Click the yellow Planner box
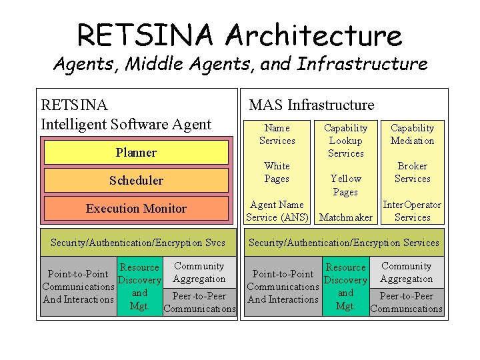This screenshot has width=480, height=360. [x=136, y=153]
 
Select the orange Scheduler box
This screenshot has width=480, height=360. [x=136, y=181]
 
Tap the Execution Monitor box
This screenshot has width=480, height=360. [x=136, y=209]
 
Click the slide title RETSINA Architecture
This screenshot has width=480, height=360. [x=239, y=35]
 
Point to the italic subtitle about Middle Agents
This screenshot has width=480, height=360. [x=239, y=64]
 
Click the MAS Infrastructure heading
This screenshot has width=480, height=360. [x=311, y=105]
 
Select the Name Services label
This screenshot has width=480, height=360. [x=277, y=134]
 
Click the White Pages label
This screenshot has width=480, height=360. [x=277, y=172]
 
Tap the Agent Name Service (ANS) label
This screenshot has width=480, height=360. [x=277, y=211]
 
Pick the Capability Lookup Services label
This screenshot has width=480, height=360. [x=345, y=140]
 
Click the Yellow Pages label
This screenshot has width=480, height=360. [x=345, y=185]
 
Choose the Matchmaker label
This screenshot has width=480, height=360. [x=345, y=217]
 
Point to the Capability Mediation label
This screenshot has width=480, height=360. [x=412, y=134]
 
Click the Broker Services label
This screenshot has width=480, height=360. [x=412, y=172]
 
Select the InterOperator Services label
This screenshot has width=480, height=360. [x=412, y=211]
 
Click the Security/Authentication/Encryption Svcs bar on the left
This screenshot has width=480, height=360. [x=138, y=243]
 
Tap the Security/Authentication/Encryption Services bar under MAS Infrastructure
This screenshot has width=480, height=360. [x=344, y=243]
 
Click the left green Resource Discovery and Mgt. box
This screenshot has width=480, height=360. [x=139, y=287]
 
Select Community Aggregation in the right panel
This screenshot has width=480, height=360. [x=407, y=273]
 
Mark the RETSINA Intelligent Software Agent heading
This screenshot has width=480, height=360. [x=126, y=114]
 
